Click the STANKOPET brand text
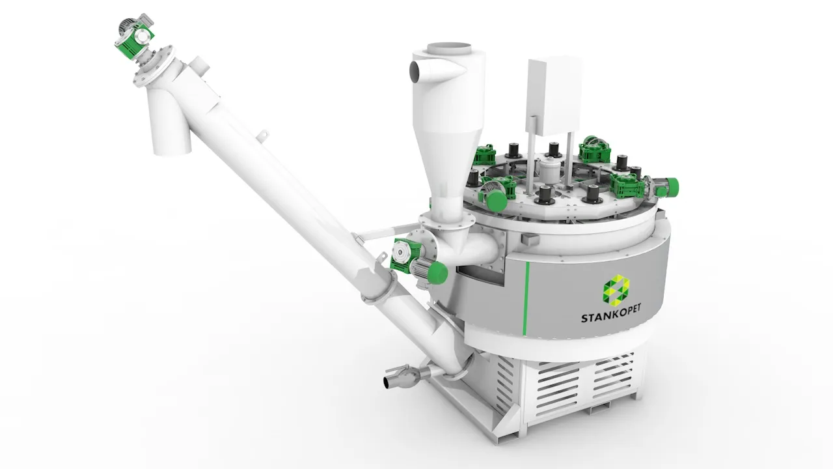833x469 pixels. [611, 318]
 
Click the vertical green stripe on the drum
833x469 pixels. [526, 298]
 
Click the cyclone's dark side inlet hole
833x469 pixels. [414, 71]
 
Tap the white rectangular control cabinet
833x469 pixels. [554, 96]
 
